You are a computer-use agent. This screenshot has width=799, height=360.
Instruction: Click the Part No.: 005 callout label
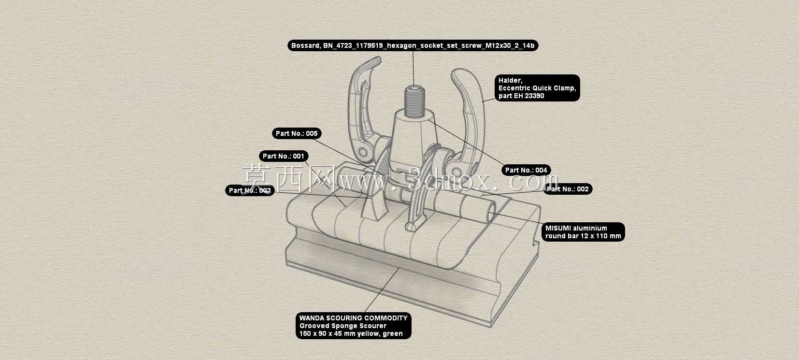[x=297, y=133]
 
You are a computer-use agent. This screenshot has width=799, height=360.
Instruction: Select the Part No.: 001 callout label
[x=284, y=156]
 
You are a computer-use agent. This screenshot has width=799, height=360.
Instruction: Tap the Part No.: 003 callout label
[x=250, y=190]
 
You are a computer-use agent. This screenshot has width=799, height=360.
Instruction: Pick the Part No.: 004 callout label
[x=526, y=170]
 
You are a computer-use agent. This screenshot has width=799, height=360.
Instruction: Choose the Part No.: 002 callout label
[x=568, y=189]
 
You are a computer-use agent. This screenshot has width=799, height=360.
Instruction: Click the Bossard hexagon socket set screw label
[x=413, y=45]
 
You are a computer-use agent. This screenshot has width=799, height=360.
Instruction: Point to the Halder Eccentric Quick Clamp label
[x=537, y=88]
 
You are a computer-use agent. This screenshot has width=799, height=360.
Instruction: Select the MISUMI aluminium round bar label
[x=583, y=232]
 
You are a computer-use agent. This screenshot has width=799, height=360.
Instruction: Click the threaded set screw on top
[x=414, y=101]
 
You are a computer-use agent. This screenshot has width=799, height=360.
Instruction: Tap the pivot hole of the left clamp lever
[x=363, y=152]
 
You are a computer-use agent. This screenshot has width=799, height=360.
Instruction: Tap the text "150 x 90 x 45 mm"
[x=328, y=333]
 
